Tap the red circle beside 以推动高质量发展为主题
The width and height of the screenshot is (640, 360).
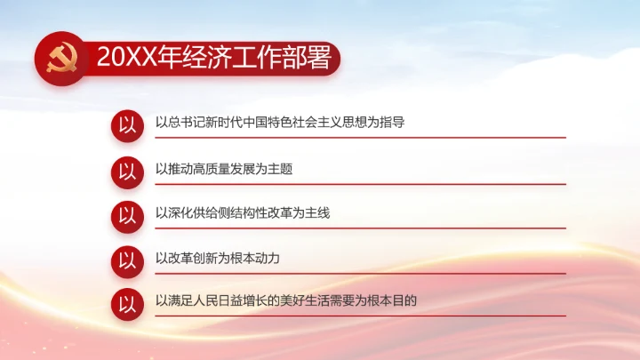128,170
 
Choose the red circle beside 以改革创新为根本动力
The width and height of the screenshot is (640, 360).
128,260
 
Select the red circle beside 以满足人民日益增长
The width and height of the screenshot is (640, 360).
128,302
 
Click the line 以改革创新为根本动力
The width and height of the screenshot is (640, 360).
218,259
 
